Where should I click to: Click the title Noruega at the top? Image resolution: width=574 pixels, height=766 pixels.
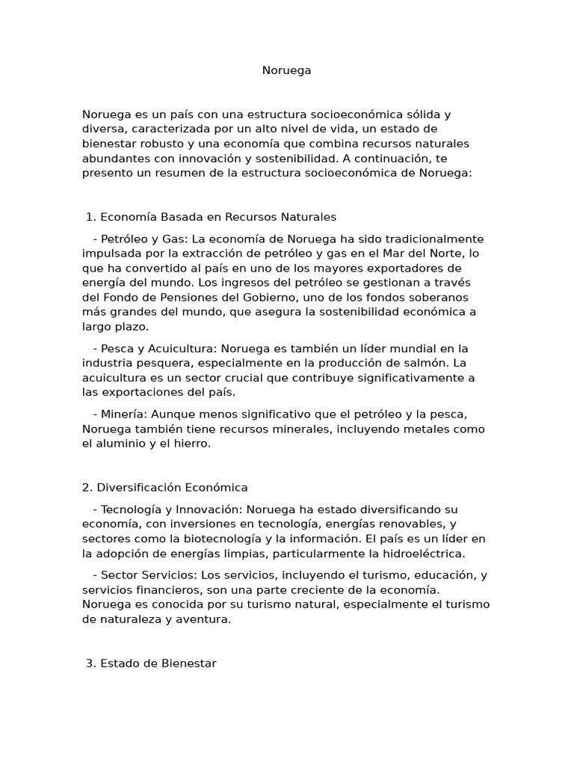[x=286, y=70]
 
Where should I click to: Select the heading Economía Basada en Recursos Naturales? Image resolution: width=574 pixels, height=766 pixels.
[x=218, y=217]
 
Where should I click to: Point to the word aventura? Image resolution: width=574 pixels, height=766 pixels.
[x=203, y=619]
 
